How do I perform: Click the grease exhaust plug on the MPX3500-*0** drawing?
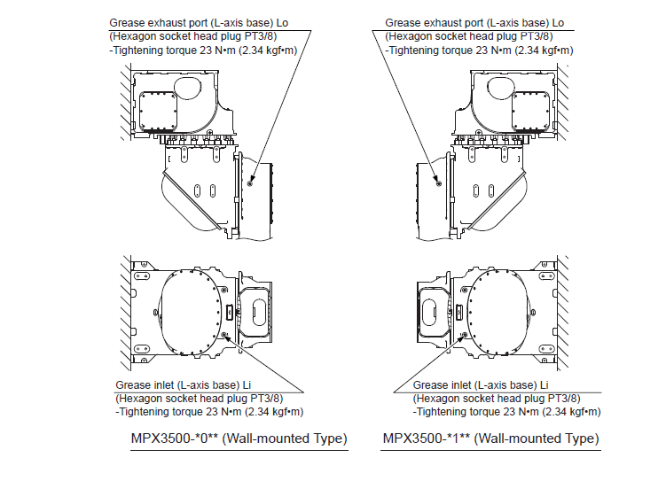251,183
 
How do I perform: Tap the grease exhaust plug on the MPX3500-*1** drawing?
439,183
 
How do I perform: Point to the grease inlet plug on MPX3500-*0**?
225,335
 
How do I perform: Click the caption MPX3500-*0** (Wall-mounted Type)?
239,438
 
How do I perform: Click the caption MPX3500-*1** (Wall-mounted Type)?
490,438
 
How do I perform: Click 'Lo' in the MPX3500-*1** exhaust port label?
558,22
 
